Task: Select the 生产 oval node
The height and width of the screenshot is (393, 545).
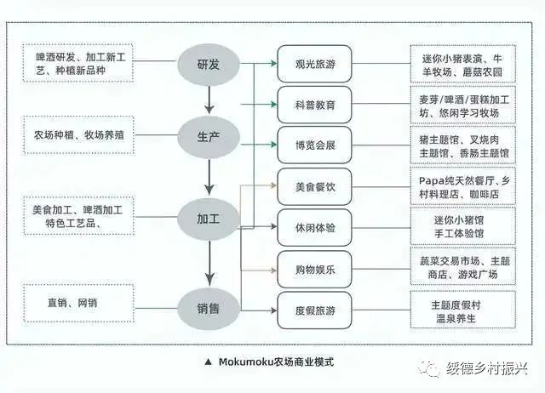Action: (x=208, y=136)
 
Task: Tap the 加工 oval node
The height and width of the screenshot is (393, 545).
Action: (x=208, y=220)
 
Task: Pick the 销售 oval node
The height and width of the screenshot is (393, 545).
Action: (x=208, y=307)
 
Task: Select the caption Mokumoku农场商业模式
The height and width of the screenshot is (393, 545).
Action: (x=274, y=362)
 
